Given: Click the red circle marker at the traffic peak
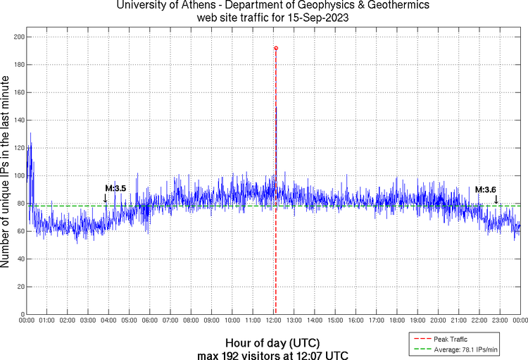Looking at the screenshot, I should tap(276, 48).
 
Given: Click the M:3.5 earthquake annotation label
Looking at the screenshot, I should tap(115, 189).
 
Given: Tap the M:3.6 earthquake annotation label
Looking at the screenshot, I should tap(486, 190).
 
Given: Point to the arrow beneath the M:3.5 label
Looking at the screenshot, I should tap(106, 199).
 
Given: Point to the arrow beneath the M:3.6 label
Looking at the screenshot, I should tap(496, 199).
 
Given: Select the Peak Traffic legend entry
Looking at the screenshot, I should tap(450, 339).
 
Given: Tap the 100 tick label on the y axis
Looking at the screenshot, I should tap(17, 175).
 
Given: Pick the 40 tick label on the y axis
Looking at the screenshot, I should tap(19, 259).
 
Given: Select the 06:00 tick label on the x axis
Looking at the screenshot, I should tap(149, 321).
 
